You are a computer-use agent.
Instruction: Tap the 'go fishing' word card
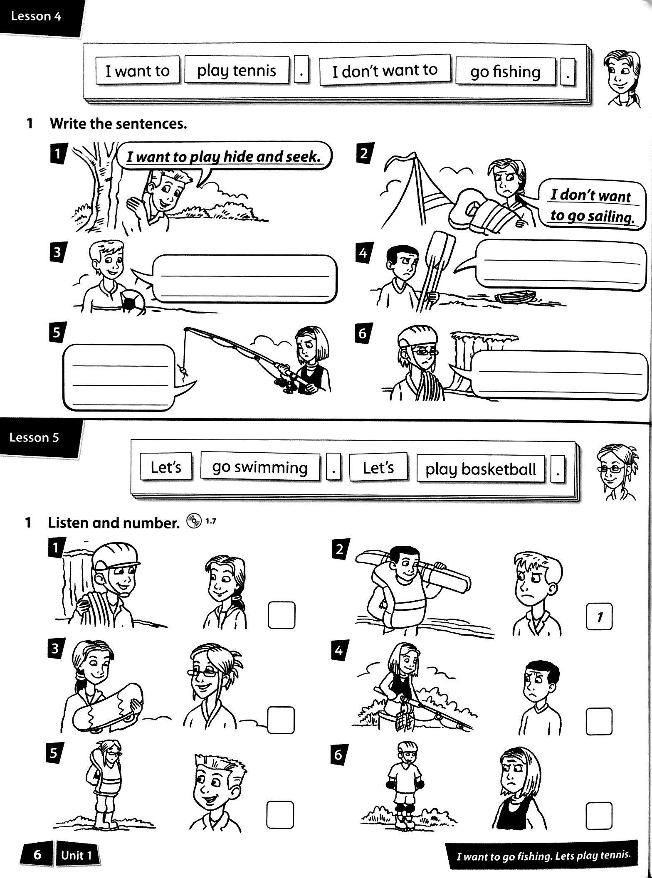[x=505, y=72]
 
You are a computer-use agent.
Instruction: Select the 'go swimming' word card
[x=260, y=467]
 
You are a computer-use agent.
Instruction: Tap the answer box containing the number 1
[x=599, y=617]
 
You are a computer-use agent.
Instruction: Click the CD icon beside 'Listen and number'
[x=193, y=521]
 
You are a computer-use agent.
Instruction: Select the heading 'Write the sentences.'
[x=118, y=123]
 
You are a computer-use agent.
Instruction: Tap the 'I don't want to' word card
[x=385, y=70]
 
